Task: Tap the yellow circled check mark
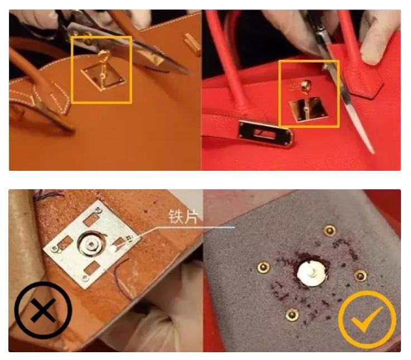tap(367, 319)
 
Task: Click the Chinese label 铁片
tap(182, 217)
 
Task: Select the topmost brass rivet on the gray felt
tap(330, 231)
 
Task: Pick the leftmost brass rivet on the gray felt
tap(263, 267)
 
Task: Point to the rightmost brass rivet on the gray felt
tap(360, 276)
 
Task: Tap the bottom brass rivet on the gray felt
tap(292, 314)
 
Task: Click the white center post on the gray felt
tap(312, 273)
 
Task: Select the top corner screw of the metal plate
tap(99, 209)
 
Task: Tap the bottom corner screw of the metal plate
tap(85, 279)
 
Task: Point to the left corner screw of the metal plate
tap(54, 248)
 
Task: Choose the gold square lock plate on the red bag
tap(308, 109)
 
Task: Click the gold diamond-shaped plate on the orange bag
tap(102, 77)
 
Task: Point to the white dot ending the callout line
tap(114, 248)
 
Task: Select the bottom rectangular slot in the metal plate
tap(92, 268)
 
